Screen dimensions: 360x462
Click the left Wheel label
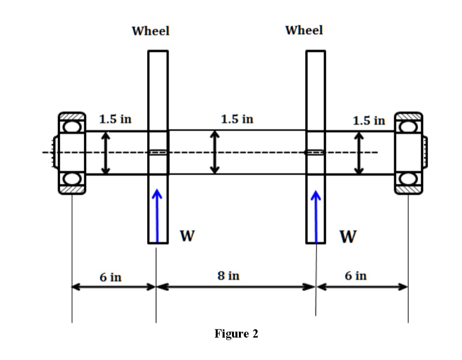click(151, 31)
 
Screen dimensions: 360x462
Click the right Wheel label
click(304, 30)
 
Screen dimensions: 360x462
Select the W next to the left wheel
click(186, 237)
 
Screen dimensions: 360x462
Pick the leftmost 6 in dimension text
click(110, 277)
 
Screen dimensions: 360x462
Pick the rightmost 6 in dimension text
click(355, 276)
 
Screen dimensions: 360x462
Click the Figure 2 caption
click(236, 334)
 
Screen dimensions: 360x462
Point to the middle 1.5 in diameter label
click(237, 119)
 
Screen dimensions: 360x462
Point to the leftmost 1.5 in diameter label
click(115, 119)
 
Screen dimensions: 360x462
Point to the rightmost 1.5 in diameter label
click(369, 120)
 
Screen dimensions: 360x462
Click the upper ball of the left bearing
click(72, 126)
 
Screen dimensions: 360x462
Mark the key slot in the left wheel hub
click(158, 153)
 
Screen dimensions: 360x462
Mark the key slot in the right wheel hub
click(315, 152)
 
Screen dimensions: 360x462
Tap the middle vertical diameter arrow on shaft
click(214, 152)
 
